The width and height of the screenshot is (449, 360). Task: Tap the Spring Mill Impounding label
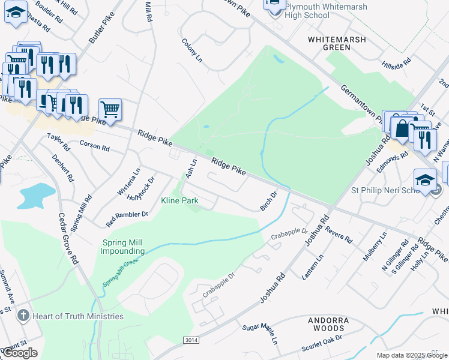(x=124, y=247)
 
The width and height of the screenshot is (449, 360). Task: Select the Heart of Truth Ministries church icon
(x=23, y=316)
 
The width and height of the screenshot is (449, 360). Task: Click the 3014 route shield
(x=190, y=340)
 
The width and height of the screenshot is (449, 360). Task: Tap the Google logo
(x=20, y=353)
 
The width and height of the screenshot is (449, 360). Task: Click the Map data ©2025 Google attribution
(x=412, y=355)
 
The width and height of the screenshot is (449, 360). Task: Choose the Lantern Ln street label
(x=313, y=265)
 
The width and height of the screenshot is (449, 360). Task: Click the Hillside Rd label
(x=396, y=62)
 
